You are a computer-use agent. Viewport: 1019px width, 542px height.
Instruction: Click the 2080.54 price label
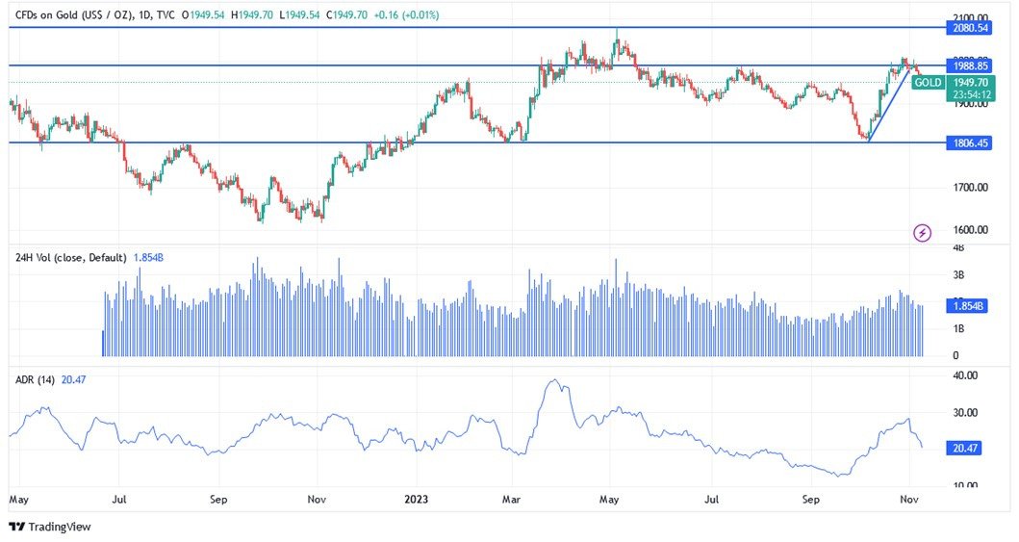[971, 29]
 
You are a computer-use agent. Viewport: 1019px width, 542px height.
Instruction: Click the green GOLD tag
[929, 83]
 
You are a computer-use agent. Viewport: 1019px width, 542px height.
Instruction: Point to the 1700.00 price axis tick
[969, 188]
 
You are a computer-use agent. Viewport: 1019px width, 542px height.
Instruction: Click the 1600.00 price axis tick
[969, 230]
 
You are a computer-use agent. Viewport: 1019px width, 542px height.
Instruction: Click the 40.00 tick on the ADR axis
[965, 375]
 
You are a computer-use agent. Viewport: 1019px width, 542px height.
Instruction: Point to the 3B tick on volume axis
[958, 275]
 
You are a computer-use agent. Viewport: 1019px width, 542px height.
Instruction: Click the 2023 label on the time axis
[417, 500]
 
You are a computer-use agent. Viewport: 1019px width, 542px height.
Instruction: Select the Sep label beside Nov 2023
[811, 500]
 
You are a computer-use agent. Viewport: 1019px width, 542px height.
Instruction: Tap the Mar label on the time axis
[511, 500]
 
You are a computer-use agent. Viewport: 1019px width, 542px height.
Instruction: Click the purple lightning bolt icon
[923, 232]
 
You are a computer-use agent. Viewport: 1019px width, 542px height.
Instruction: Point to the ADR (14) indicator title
[35, 380]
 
